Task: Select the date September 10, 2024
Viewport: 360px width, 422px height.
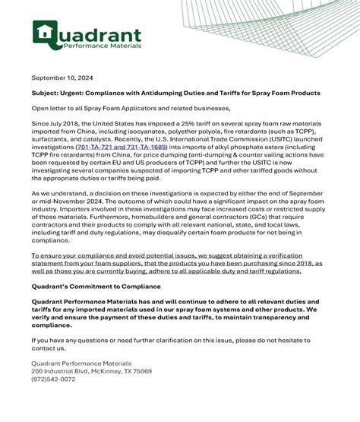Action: tap(62, 78)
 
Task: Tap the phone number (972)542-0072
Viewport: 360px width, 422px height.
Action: tap(53, 379)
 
